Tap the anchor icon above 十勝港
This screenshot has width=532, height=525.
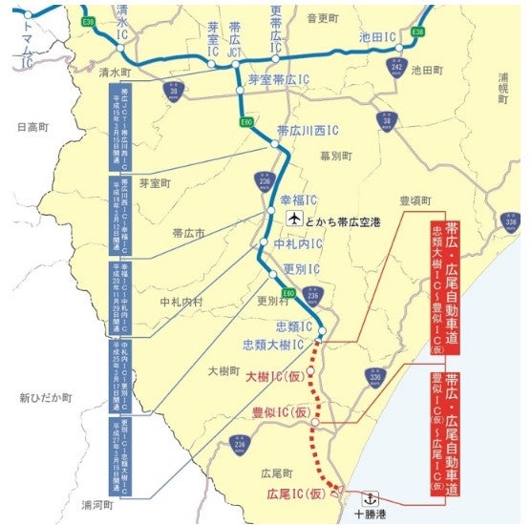tap(372, 496)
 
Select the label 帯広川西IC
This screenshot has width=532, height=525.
tap(308, 131)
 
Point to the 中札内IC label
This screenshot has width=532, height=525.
tap(298, 243)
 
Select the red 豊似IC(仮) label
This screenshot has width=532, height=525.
tap(277, 413)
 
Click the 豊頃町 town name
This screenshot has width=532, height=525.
tap(415, 202)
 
